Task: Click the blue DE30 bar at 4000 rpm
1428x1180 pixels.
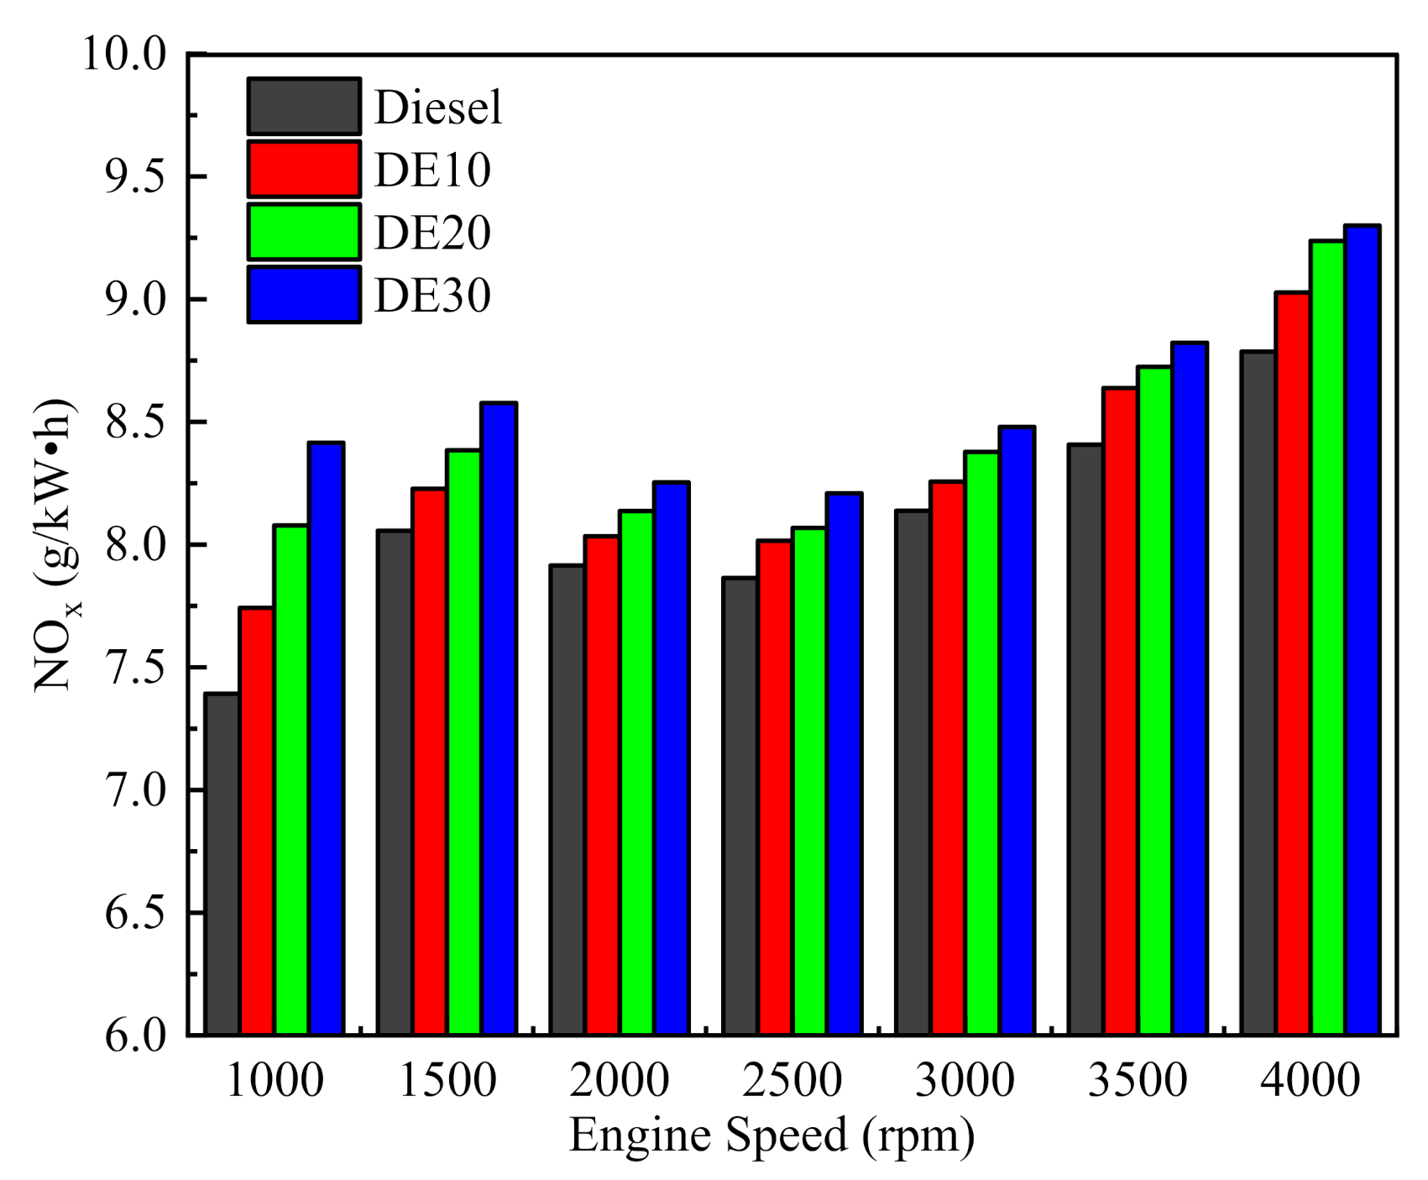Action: [x=1362, y=630]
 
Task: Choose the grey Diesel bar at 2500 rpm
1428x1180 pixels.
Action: [x=740, y=805]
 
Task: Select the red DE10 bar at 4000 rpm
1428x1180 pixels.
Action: [x=1293, y=663]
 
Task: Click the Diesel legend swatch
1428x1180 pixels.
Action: [x=304, y=107]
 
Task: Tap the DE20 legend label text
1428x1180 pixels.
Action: [x=432, y=233]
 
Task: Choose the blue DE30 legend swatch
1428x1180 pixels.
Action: [x=304, y=295]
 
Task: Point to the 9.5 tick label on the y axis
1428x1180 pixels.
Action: [x=134, y=177]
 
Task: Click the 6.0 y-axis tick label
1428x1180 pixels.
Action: [x=134, y=1035]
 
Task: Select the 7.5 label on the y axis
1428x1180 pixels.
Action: [x=134, y=668]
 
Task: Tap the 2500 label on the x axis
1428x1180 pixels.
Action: [x=791, y=1080]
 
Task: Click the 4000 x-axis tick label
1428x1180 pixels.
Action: [x=1310, y=1080]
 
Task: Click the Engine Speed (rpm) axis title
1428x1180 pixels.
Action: [x=772, y=1135]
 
